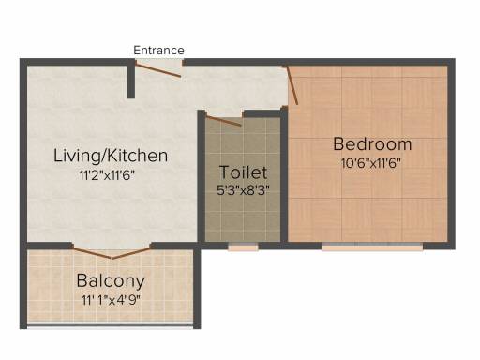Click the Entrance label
pos(158,51)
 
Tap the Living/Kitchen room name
pos(111,156)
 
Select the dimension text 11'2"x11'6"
pos(107,175)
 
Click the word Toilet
pos(244,172)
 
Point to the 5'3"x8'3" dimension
pos(243,189)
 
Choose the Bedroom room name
pos(372,144)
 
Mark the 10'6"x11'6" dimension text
pos(371,163)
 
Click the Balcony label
pos(111,281)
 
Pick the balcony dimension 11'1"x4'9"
pos(111,300)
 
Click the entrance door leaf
pos(158,69)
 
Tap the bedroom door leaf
pos(292,85)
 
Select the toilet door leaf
pos(224,121)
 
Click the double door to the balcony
pos(112,252)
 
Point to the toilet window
pos(243,247)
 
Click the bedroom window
pos(372,247)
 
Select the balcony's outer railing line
pos(110,326)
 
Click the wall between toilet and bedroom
pos(284,175)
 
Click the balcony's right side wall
pos(197,287)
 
